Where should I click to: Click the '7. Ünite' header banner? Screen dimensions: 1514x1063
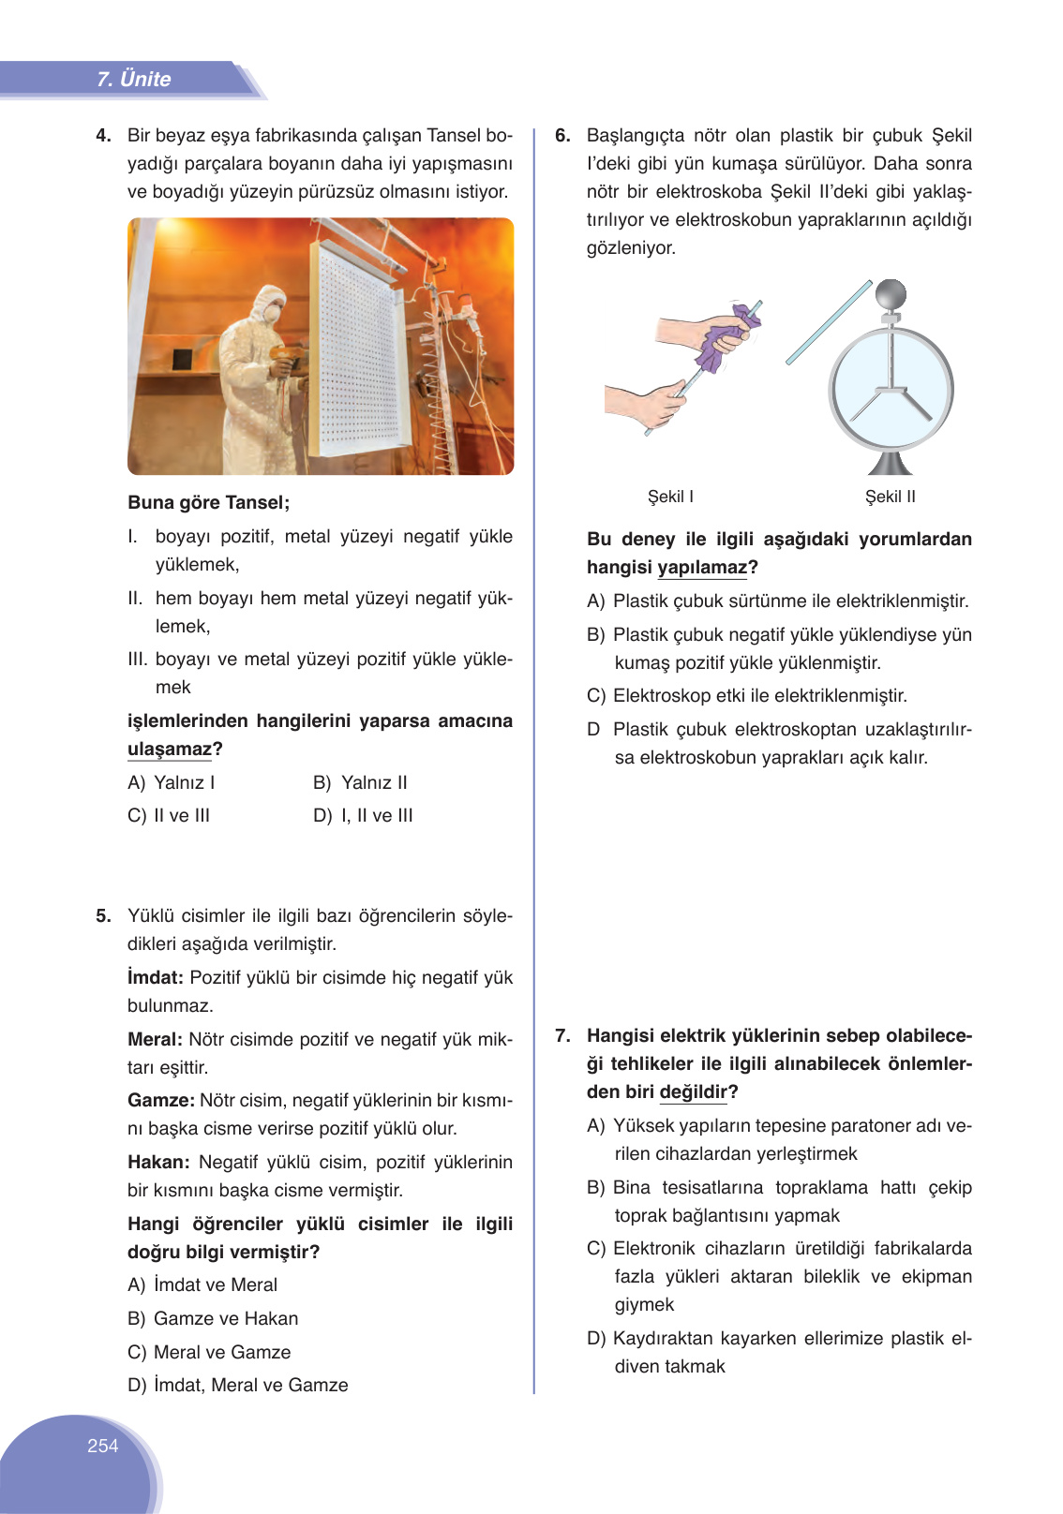(133, 80)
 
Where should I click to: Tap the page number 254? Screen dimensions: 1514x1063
(102, 1446)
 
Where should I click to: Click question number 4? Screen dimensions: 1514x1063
(103, 136)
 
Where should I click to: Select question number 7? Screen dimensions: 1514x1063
(562, 1036)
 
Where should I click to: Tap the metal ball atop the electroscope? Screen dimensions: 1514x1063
(891, 295)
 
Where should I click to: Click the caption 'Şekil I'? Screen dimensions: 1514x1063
(670, 497)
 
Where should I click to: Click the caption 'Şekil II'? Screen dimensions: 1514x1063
(890, 497)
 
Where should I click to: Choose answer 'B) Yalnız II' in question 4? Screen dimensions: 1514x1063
(360, 783)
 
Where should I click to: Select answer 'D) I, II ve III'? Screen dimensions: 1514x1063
(363, 816)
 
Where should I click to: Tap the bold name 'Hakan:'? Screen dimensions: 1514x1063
(158, 1163)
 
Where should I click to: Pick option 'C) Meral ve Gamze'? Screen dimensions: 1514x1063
(209, 1353)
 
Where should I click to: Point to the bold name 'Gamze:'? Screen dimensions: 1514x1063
(160, 1101)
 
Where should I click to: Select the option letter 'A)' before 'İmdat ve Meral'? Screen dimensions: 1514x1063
(137, 1285)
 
